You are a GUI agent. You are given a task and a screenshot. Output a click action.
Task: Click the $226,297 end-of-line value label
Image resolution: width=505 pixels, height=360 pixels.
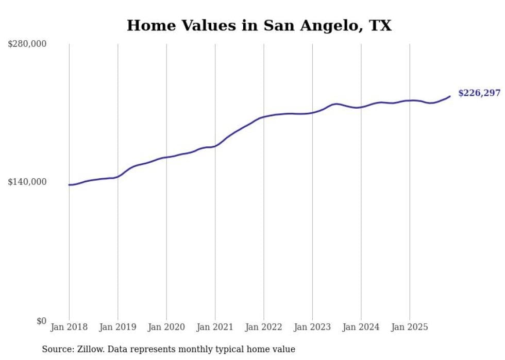coord(479,93)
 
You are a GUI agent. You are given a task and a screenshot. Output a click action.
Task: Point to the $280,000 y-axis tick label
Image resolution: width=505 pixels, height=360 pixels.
coord(27,44)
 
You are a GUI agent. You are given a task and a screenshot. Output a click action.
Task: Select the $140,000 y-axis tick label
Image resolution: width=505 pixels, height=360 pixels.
coord(27,182)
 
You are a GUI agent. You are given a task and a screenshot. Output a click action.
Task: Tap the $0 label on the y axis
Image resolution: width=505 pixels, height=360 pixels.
coord(41,321)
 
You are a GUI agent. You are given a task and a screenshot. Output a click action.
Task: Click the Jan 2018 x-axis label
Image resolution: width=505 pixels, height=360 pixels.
coord(69,327)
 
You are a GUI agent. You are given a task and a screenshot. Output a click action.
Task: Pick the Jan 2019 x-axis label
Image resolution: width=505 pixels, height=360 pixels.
coord(117,327)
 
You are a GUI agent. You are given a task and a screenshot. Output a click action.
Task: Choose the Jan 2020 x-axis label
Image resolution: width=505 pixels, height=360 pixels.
coord(166,327)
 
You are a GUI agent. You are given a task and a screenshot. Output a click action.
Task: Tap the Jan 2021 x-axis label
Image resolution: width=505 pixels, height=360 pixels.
coord(215,327)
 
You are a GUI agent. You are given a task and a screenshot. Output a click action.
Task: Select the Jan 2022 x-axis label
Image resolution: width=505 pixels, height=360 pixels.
coord(263,327)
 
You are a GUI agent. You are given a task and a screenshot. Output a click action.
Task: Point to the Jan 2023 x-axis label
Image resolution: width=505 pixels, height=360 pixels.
coord(312,327)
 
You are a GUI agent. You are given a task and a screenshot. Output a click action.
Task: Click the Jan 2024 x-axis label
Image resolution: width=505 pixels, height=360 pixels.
coord(361,327)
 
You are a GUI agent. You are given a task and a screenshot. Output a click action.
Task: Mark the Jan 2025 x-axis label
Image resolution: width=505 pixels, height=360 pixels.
coord(410,327)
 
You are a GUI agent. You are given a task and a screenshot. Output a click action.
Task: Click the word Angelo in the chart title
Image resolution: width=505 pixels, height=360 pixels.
coord(326,26)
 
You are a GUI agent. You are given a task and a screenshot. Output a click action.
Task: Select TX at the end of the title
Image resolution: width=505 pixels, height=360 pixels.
coord(380,26)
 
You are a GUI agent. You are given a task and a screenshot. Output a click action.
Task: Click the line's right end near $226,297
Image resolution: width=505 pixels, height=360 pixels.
coord(450,96)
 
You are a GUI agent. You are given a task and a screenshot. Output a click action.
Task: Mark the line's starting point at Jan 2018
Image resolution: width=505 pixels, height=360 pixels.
coord(69,185)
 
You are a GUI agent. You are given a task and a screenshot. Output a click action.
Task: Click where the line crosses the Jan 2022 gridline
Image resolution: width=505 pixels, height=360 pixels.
coord(264,117)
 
